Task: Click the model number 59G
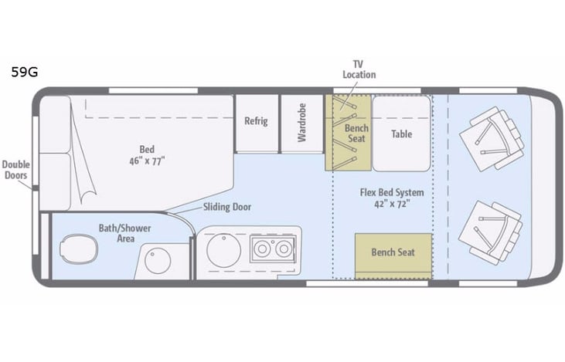click(x=24, y=73)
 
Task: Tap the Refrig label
click(x=256, y=122)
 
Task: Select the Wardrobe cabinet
click(x=302, y=122)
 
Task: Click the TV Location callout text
click(x=359, y=69)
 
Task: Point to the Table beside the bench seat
click(x=401, y=134)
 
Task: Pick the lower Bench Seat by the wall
click(x=393, y=253)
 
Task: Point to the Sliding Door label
click(x=227, y=207)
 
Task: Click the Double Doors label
click(x=15, y=170)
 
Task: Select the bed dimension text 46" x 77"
click(x=147, y=161)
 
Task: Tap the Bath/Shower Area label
click(x=124, y=233)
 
